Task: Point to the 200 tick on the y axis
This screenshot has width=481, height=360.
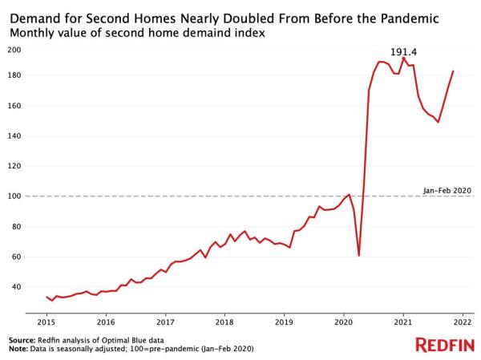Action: pyautogui.click(x=14, y=50)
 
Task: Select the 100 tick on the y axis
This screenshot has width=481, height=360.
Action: pyautogui.click(x=14, y=196)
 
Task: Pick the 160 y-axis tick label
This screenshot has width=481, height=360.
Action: pyautogui.click(x=14, y=106)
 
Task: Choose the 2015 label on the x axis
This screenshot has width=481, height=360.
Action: pyautogui.click(x=46, y=321)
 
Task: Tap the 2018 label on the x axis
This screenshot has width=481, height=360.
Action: pyautogui.click(x=224, y=321)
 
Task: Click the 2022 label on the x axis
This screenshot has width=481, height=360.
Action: pyautogui.click(x=462, y=321)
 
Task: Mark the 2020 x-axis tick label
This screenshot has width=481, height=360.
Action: pyautogui.click(x=343, y=321)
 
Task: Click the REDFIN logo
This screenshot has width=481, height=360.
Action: pyautogui.click(x=443, y=344)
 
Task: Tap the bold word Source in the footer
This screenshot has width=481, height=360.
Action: pyautogui.click(x=23, y=340)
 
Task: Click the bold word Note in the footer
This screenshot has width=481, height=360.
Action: pyautogui.click(x=18, y=349)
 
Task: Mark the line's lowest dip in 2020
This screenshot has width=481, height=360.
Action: pyautogui.click(x=359, y=255)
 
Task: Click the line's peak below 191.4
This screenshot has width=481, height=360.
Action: pyautogui.click(x=403, y=59)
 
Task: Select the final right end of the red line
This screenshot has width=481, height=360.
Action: pyautogui.click(x=453, y=71)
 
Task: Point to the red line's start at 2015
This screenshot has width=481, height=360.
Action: pyautogui.click(x=46, y=297)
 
